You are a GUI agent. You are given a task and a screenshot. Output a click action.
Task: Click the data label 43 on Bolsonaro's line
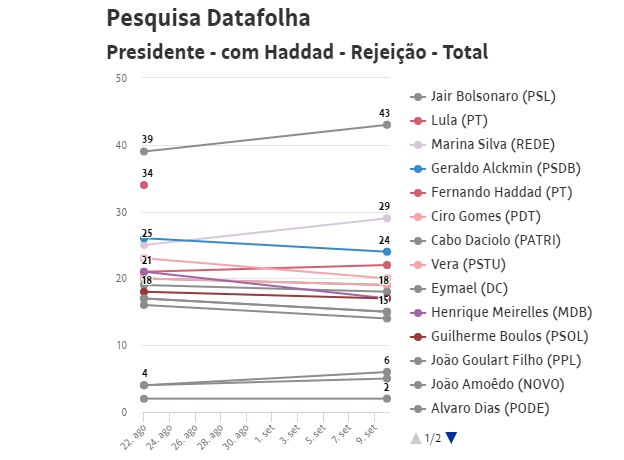tap(384, 113)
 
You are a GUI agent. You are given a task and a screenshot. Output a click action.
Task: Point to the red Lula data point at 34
tap(144, 185)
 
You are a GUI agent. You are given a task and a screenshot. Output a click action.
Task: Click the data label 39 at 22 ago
tap(147, 140)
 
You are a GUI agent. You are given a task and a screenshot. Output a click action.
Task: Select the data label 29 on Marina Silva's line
tap(384, 207)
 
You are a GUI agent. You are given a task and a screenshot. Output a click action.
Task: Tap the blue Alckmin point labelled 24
tap(385, 252)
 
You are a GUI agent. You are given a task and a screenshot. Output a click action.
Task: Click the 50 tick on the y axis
tap(121, 78)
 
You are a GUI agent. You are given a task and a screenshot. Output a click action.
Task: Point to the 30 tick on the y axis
tap(121, 212)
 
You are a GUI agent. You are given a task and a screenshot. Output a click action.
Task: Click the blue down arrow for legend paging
tap(451, 437)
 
